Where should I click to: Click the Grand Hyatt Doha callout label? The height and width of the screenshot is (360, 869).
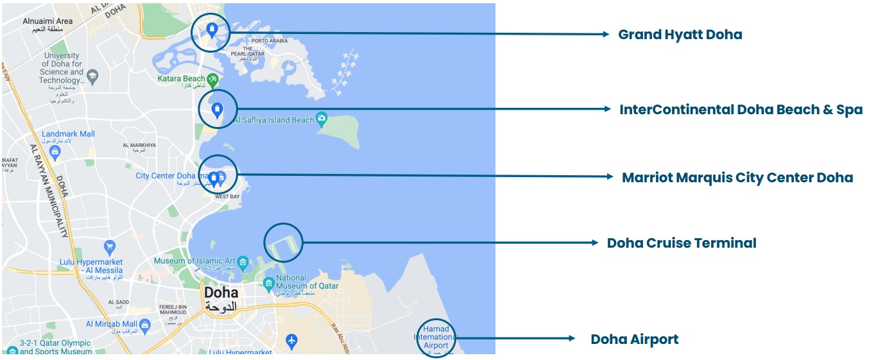[x=680, y=35]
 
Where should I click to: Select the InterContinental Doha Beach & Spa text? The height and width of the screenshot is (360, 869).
[x=741, y=110]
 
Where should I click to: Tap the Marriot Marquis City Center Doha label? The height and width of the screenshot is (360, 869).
[x=737, y=178]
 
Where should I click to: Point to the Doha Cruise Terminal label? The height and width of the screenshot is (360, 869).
[x=682, y=243]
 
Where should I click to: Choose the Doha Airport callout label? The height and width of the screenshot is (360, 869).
[x=634, y=339]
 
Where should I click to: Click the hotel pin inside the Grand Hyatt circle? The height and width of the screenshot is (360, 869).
[x=212, y=29]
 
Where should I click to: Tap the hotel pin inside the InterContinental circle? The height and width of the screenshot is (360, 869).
[x=217, y=110]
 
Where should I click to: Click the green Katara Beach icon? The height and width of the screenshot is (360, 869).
[x=212, y=79]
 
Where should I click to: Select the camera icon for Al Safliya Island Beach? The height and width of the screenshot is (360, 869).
[x=321, y=119]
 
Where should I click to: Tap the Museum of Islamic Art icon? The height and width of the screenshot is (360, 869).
[x=243, y=262]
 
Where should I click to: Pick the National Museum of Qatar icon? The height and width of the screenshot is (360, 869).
[x=268, y=283]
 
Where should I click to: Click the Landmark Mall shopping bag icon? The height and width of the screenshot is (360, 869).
[x=55, y=153]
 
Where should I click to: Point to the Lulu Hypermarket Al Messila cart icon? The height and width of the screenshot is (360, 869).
[x=110, y=246]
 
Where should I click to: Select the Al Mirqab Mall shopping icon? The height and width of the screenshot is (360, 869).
[x=145, y=325]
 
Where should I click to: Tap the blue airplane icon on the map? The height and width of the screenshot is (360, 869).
[x=292, y=339]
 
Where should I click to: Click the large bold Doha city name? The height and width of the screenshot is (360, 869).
[x=221, y=293]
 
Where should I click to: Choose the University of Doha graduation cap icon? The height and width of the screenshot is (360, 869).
[x=92, y=76]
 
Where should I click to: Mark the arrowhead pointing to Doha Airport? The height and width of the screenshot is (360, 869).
[x=571, y=338]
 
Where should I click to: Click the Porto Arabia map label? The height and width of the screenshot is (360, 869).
[x=270, y=41]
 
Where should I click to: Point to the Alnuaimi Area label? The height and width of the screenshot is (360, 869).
[x=47, y=21]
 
